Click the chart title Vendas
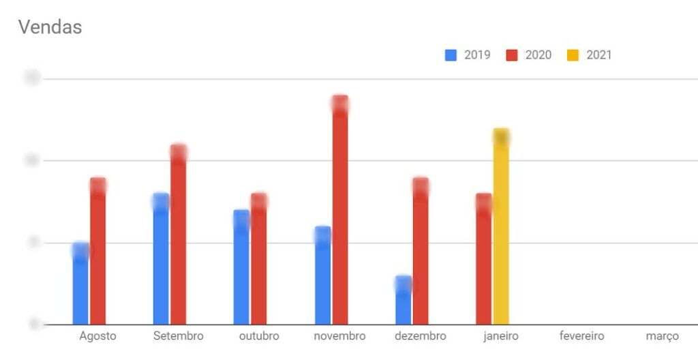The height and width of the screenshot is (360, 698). [50, 27]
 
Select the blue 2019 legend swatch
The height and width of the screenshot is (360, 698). [451, 55]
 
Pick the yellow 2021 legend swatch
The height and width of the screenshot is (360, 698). [573, 55]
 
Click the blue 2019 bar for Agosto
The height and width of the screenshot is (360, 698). [80, 286]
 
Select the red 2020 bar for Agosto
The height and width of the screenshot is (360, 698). [98, 252]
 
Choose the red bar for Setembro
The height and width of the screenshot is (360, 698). [179, 235]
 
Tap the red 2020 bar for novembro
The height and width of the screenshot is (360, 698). [340, 211]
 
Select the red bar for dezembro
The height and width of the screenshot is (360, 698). [421, 252]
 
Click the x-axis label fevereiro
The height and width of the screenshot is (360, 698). [581, 336]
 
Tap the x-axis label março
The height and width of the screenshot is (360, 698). [663, 336]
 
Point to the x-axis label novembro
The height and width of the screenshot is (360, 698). [339, 336]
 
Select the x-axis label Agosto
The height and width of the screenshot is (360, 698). [97, 336]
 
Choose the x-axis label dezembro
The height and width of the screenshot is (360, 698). [420, 336]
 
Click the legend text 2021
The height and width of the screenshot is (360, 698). [599, 55]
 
